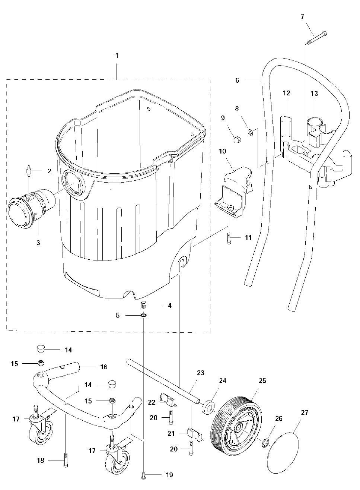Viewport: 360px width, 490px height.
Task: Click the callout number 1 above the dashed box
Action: tap(117, 56)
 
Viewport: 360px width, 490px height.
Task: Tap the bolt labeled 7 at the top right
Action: tap(317, 38)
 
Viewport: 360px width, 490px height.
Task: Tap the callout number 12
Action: tap(286, 93)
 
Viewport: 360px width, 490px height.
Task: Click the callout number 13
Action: tap(314, 93)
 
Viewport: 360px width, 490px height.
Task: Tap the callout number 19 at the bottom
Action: tap(169, 475)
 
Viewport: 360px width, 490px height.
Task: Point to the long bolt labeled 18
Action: tap(66, 460)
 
